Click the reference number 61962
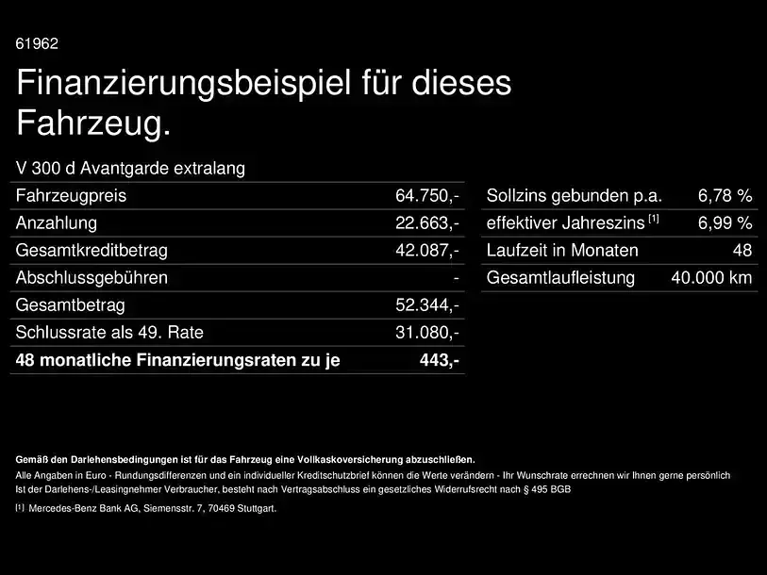(x=37, y=43)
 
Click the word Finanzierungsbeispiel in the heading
(x=184, y=83)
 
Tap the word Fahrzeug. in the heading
(x=94, y=123)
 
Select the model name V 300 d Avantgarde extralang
(x=130, y=168)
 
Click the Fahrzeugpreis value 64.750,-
(x=427, y=195)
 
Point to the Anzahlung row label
(x=57, y=223)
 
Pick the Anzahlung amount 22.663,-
(x=427, y=223)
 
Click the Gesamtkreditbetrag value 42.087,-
(x=427, y=251)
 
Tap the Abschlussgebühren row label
(x=92, y=278)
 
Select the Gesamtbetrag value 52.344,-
(x=427, y=305)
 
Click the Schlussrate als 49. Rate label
(x=109, y=333)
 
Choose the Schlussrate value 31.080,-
(x=427, y=333)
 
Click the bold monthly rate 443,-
(x=440, y=360)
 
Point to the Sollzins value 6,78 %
(x=725, y=195)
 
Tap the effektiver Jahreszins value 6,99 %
(x=725, y=223)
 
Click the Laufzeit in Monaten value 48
(x=742, y=251)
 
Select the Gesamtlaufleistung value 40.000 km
(x=711, y=278)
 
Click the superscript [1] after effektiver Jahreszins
(x=654, y=219)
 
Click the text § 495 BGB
(x=547, y=489)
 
